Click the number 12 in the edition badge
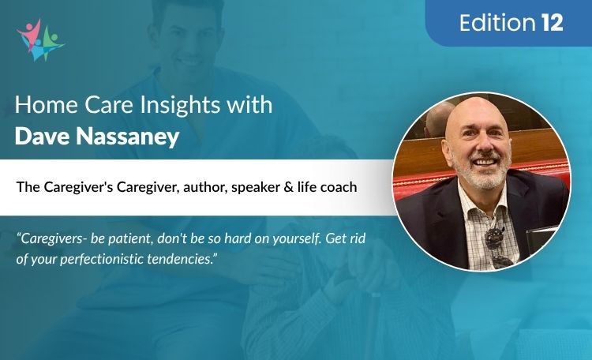[552, 23]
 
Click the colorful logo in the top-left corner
[39, 39]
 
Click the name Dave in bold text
[41, 136]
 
